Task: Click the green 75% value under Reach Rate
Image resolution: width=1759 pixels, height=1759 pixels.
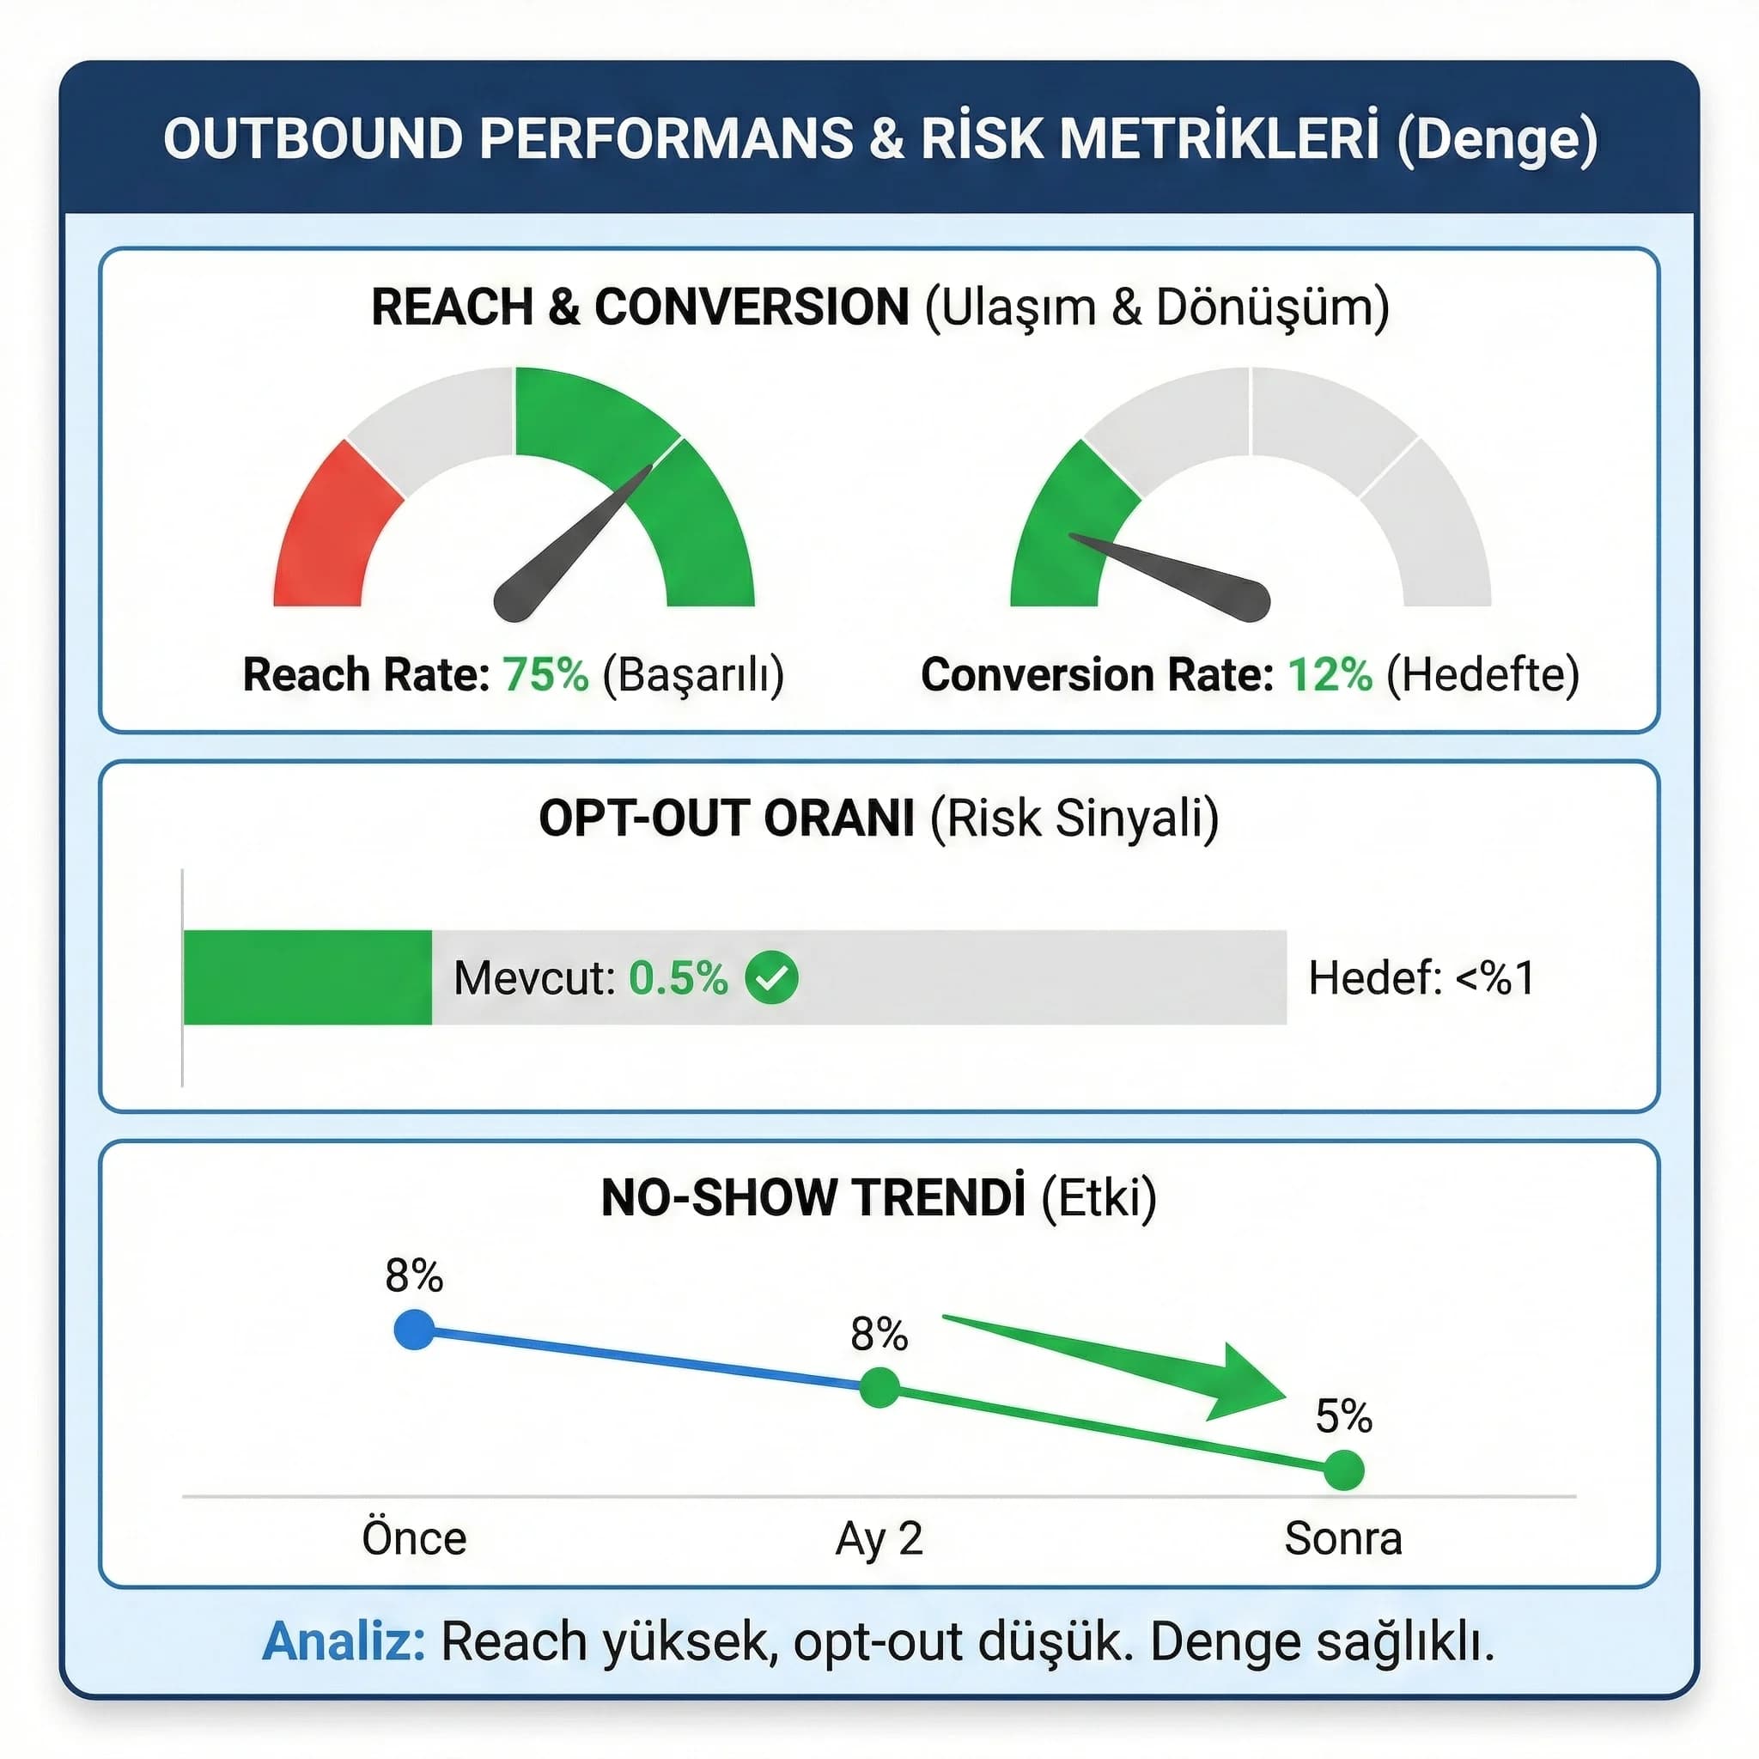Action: point(545,674)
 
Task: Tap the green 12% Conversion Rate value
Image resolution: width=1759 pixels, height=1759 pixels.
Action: point(1330,674)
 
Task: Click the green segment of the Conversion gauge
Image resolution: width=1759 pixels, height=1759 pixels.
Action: point(1065,528)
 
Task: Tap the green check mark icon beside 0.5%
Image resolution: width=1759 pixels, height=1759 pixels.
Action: point(771,977)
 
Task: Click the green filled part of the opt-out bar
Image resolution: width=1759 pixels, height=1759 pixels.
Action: point(307,977)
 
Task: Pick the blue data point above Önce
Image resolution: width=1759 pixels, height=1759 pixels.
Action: point(414,1330)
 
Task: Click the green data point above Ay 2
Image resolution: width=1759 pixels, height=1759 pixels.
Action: point(879,1389)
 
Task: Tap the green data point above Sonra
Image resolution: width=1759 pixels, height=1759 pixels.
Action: point(1344,1470)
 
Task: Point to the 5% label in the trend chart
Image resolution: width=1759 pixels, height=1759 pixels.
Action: point(1344,1416)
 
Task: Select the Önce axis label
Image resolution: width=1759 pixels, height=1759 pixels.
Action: point(414,1538)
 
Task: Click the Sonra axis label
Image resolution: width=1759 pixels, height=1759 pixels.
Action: point(1343,1538)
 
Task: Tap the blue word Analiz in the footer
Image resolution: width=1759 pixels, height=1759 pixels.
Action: point(344,1641)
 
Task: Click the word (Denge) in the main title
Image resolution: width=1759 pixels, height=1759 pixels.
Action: point(1498,138)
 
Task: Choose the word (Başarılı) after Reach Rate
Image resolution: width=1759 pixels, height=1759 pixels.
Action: point(693,674)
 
